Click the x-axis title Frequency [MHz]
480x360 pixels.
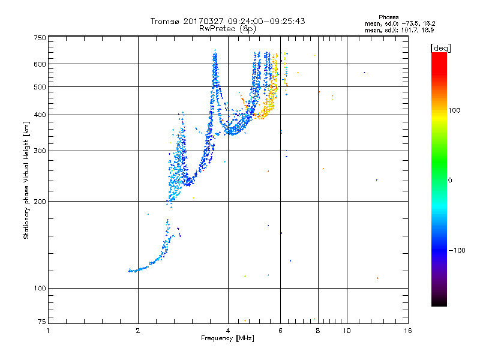coord(227,339)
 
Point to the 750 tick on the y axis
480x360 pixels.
coord(40,38)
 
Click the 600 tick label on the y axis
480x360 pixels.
coord(40,64)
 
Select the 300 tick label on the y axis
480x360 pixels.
coord(40,151)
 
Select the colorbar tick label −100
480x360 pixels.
coord(459,250)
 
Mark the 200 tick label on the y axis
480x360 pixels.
coord(40,202)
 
